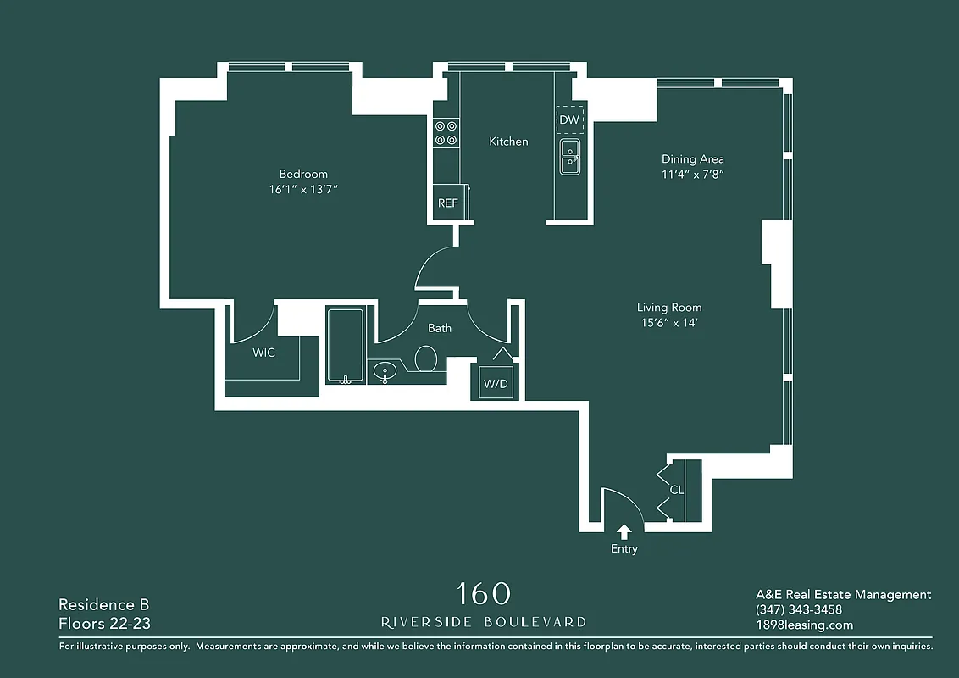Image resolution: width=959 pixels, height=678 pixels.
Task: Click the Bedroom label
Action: pos(303,174)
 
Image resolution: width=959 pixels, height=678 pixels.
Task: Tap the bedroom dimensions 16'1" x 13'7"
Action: pos(303,190)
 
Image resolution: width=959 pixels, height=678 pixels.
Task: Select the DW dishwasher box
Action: pos(569,119)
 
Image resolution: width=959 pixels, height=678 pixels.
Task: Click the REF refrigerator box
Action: pos(447,203)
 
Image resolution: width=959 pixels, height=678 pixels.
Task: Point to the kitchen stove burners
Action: pos(446,133)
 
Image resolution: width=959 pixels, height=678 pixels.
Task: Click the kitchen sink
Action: pos(570,158)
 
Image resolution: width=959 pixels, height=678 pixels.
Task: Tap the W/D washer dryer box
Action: pos(496,384)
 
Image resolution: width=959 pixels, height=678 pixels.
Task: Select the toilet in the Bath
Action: pos(426,358)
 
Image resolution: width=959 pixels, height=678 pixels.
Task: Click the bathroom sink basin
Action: pos(386,371)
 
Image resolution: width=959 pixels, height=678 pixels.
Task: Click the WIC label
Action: pos(263,353)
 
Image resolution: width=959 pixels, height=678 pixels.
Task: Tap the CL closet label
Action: pos(676,490)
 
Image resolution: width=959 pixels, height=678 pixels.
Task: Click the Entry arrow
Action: pos(624,531)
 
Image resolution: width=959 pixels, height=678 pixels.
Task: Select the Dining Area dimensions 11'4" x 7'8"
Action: pos(692,175)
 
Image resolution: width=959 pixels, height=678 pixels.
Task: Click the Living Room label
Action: pos(669,307)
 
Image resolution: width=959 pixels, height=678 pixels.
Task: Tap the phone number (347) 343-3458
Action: pos(798,610)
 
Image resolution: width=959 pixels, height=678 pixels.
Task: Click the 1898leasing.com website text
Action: pos(804,625)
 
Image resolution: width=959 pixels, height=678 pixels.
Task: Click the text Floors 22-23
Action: pos(103,625)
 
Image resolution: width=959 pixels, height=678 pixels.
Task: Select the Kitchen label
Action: pos(508,142)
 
